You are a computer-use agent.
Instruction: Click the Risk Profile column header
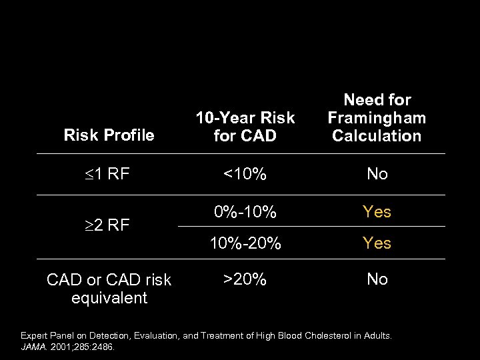coord(109,135)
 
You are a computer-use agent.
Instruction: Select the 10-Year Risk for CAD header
coord(245,127)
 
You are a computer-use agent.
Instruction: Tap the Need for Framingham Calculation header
coord(377,118)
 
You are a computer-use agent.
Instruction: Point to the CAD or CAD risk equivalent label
coord(109,289)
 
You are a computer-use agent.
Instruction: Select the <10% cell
coord(245,175)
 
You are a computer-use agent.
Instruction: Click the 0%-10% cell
coord(245,212)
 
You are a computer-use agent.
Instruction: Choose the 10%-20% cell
coord(245,243)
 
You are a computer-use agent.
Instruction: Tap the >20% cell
coord(245,279)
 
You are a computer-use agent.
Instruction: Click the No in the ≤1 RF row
coord(377,175)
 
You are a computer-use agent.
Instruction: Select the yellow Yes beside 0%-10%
coord(377,212)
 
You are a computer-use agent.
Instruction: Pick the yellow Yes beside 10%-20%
coord(377,243)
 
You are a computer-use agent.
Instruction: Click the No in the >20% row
coord(377,279)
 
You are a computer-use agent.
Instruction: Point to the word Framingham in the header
coord(377,118)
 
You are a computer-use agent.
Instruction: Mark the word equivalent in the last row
coord(109,297)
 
